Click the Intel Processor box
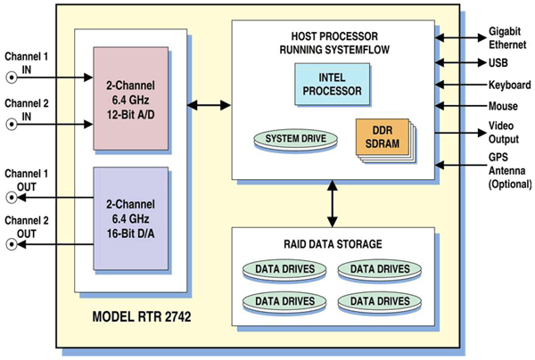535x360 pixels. [x=332, y=85]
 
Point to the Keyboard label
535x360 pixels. [x=507, y=85]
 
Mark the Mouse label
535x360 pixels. [x=501, y=107]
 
